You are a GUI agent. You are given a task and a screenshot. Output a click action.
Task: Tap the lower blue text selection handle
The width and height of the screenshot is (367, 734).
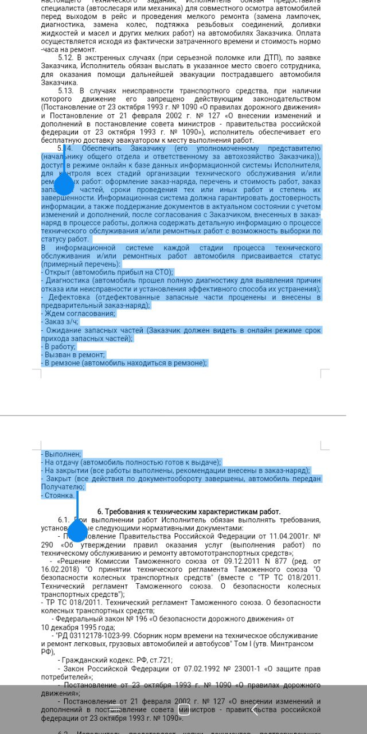click(x=77, y=531)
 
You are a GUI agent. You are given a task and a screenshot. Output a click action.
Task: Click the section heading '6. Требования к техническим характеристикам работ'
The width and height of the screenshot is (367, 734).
click(x=189, y=512)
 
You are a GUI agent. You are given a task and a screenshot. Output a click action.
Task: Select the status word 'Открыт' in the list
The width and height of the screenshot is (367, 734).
click(x=58, y=272)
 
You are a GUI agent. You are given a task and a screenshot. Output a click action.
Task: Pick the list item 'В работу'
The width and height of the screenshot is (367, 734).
click(x=59, y=346)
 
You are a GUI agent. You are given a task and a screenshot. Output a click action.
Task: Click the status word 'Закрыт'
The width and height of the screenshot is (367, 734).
click(x=58, y=478)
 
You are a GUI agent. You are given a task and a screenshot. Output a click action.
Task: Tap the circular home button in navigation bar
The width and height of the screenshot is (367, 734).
click(x=183, y=710)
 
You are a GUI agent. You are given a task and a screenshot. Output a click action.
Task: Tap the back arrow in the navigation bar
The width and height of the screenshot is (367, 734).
click(x=255, y=710)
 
